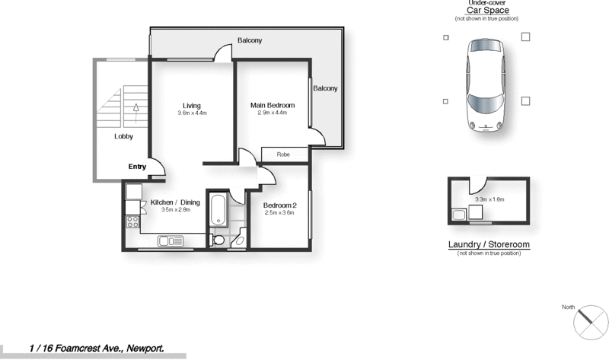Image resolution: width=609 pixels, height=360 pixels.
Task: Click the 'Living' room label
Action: point(191,105)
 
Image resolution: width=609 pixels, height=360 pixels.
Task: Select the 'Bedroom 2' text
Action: point(279,205)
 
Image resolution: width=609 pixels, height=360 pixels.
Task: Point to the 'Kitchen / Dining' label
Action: point(174,202)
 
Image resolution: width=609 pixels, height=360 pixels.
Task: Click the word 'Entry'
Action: point(137,167)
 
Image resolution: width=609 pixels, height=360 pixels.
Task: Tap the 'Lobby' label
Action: point(124,137)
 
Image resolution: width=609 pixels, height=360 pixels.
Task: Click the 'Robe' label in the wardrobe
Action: point(283,155)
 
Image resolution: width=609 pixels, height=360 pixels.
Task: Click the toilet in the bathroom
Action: point(218,239)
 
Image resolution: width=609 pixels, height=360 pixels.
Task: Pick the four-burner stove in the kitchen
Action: point(132,222)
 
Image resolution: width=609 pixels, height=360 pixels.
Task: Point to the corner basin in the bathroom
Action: point(239,241)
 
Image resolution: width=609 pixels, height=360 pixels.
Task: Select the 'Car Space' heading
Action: point(488,11)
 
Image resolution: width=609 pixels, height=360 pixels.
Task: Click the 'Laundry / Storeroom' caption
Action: point(488,244)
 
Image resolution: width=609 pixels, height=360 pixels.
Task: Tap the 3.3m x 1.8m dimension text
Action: point(489,199)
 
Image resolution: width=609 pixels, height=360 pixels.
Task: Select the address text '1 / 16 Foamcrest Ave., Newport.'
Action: point(97,348)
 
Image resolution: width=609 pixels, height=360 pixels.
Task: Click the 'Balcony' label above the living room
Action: point(250,40)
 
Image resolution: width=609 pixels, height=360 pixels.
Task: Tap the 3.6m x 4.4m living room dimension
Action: point(192,113)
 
